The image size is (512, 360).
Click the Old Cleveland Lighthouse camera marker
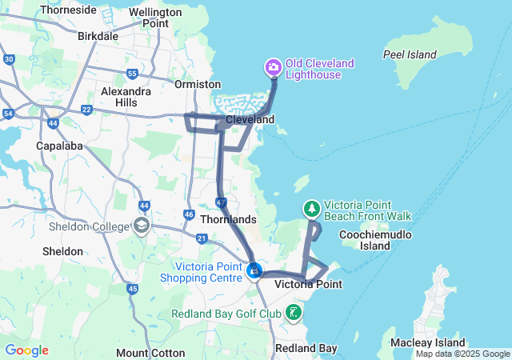(x=273, y=66)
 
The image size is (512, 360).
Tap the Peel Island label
(x=410, y=54)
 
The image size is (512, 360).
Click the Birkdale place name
(x=98, y=36)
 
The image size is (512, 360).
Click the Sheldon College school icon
(x=142, y=226)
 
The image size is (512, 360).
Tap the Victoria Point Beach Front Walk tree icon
(x=311, y=209)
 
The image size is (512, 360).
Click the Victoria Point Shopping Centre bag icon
(x=254, y=271)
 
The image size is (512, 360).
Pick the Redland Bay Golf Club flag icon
(x=294, y=312)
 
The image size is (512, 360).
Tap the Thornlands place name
(x=229, y=219)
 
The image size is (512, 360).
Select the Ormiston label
(x=198, y=84)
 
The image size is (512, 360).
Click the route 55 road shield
(x=132, y=74)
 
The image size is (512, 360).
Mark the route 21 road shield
(x=202, y=238)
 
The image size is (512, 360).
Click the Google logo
(x=26, y=350)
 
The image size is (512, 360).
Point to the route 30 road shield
(x=9, y=59)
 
